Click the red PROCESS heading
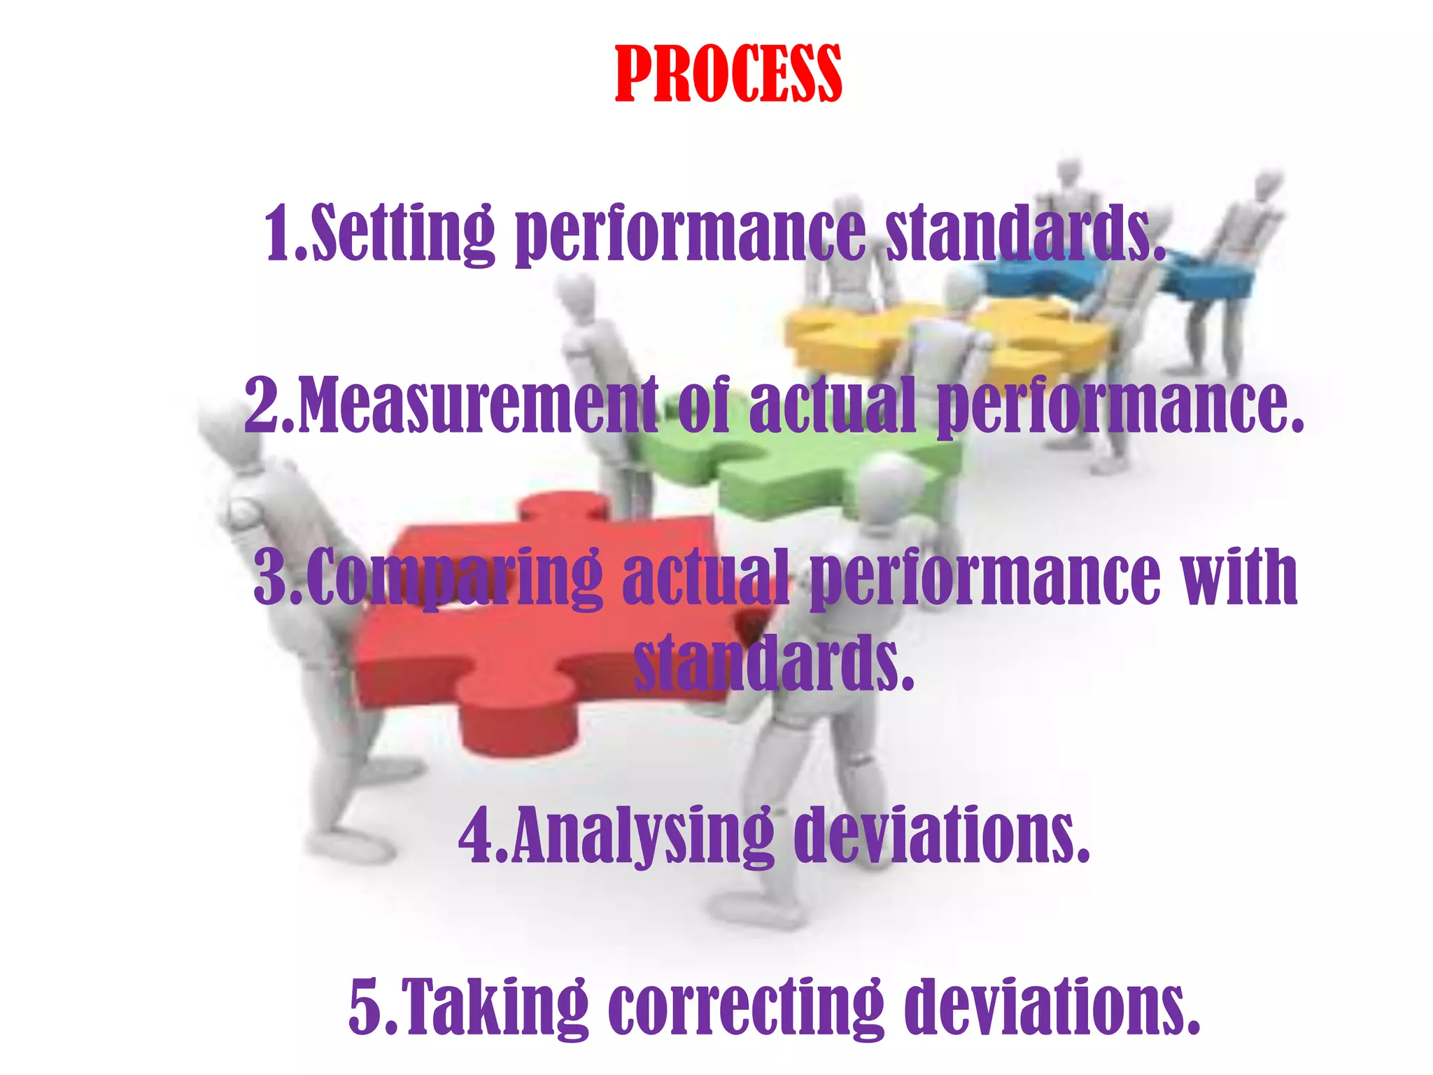[728, 74]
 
